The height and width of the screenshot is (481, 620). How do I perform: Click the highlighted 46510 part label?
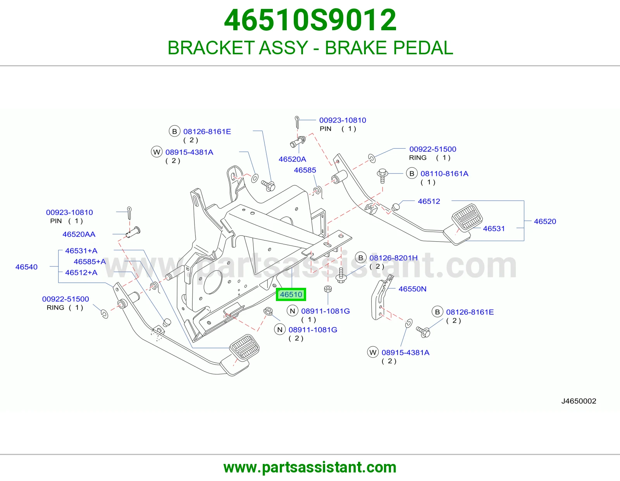pos(291,294)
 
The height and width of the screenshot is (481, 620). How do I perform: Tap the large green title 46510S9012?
pos(310,20)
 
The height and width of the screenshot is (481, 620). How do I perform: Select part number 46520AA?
pos(79,234)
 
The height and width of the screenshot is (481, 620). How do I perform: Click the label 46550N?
pos(412,289)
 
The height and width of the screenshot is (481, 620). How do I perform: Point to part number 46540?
pos(26,267)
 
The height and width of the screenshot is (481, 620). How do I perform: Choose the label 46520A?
pos(292,159)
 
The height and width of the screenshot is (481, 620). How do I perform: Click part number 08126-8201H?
pos(393,258)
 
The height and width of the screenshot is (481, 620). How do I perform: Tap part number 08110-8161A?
pos(444,173)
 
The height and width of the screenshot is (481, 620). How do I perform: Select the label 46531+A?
pos(81,251)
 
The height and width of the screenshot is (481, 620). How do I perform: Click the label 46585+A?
pos(90,261)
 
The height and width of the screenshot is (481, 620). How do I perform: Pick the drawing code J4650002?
pos(579,401)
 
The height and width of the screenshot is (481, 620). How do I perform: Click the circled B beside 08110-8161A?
pos(412,173)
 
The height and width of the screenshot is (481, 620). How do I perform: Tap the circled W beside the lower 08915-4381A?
pos(373,352)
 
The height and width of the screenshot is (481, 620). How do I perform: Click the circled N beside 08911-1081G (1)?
pos(293,311)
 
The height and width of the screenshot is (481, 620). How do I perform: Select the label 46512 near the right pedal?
pos(429,201)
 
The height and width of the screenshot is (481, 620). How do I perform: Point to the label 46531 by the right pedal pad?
pos(494,228)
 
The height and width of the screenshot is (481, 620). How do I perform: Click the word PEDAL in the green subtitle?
pos(423,48)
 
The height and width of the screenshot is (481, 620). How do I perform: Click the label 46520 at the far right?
pos(545,221)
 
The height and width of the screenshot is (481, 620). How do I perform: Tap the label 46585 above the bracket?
pos(305,170)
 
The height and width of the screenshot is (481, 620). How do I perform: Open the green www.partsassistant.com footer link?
pos(310,467)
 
